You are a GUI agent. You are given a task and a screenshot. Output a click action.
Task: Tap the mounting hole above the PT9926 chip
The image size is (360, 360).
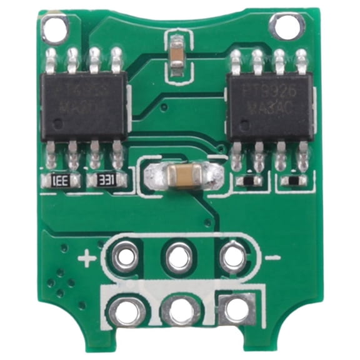coord(286,26)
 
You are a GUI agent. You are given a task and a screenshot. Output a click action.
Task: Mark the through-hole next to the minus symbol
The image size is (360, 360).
coord(233,256)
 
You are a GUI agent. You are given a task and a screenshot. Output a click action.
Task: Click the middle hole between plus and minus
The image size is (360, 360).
coord(179,256)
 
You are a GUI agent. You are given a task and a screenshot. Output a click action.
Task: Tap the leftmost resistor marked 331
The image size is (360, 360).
coord(61,182)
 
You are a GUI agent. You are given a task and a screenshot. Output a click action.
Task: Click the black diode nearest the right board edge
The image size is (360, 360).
coord(293,181)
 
